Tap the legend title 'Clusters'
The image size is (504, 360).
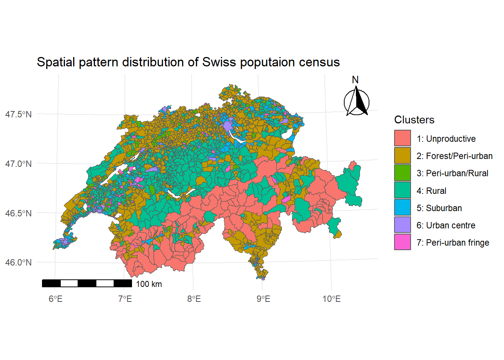point(414,120)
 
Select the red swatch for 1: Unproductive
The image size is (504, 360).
point(402,138)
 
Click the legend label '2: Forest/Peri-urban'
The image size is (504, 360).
point(454,156)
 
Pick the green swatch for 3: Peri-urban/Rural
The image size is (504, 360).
point(402,173)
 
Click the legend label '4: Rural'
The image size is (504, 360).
point(431,191)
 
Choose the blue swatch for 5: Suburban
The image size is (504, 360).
point(402,208)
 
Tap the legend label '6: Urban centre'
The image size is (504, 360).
point(445,225)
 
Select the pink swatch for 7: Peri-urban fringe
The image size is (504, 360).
point(402,242)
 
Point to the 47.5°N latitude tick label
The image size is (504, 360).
point(18,114)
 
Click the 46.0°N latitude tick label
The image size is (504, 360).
point(18,262)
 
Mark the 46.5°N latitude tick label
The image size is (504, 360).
point(18,213)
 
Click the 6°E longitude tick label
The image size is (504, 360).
point(55,299)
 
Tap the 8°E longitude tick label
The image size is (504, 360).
point(194,299)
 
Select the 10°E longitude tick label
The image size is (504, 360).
point(331,299)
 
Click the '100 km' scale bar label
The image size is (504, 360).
point(149,284)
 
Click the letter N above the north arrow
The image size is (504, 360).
point(355,80)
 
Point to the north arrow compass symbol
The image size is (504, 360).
point(356,102)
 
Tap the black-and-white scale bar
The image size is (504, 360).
point(87,283)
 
